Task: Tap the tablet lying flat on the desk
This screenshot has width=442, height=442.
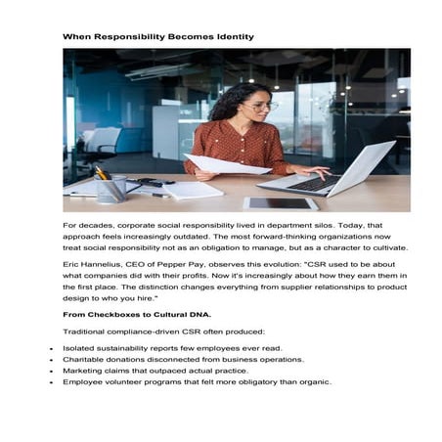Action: (281, 202)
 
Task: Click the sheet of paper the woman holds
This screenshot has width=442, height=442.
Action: (226, 164)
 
